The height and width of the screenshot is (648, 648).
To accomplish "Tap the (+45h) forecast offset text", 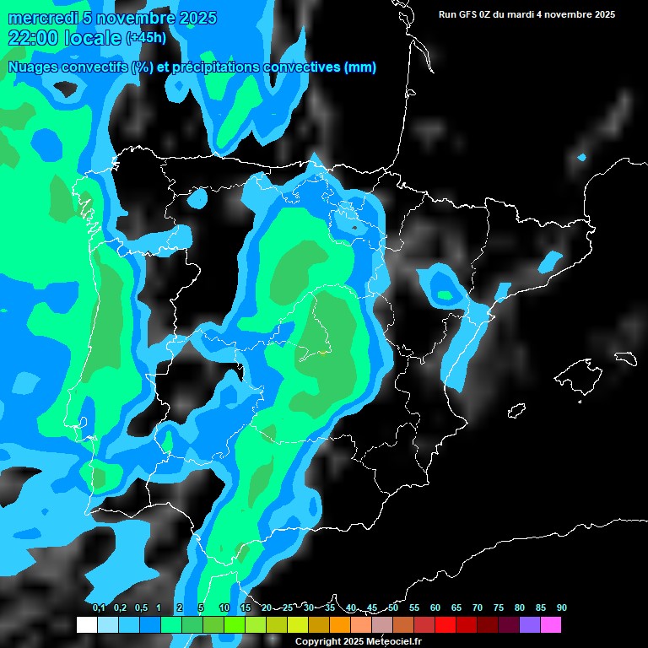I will click(x=146, y=38).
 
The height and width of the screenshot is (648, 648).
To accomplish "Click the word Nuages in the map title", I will click(x=32, y=67).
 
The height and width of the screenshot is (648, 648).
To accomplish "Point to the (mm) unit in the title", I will click(x=360, y=67).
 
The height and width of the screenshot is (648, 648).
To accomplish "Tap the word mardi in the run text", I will click(x=532, y=14).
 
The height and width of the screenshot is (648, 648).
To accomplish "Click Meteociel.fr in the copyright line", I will click(x=394, y=642).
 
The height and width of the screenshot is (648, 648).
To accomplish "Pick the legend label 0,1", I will click(x=99, y=607).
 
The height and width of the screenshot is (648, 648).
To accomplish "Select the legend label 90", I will click(x=561, y=607).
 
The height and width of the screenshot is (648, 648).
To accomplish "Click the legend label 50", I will click(x=393, y=607).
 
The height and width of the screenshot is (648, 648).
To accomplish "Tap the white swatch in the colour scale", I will click(x=86, y=624).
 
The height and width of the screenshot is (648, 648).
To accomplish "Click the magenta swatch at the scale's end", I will click(x=551, y=624).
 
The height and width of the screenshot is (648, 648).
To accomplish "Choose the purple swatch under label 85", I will click(x=530, y=624).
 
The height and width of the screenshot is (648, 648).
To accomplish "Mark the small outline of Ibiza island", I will click(x=516, y=410).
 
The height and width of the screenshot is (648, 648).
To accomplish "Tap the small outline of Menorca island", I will click(x=624, y=358).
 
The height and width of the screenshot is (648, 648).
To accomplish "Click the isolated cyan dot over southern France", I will click(x=581, y=158).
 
